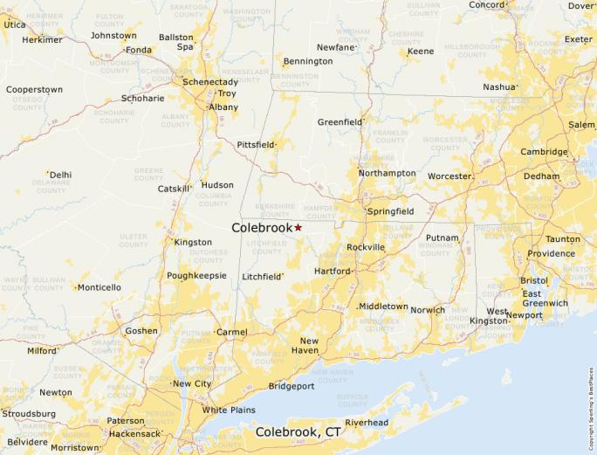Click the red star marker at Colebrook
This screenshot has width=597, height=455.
298,227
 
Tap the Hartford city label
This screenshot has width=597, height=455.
332,272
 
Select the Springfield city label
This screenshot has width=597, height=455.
390,212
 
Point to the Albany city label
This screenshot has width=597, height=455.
223,107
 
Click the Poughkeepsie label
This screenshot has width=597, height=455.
196,276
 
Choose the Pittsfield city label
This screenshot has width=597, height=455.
256,145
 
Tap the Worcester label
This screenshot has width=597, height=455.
449,176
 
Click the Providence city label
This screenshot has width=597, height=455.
551,254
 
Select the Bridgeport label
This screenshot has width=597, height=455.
291,386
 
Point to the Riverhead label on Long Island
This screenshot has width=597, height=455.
366,423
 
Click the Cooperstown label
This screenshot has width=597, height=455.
34,90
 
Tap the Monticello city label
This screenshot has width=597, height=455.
100,287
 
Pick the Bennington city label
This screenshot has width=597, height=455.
308,62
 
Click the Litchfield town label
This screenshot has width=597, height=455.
262,277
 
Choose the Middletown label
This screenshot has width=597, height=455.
384,307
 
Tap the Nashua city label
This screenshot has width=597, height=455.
499,87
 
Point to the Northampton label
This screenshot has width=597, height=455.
388,174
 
